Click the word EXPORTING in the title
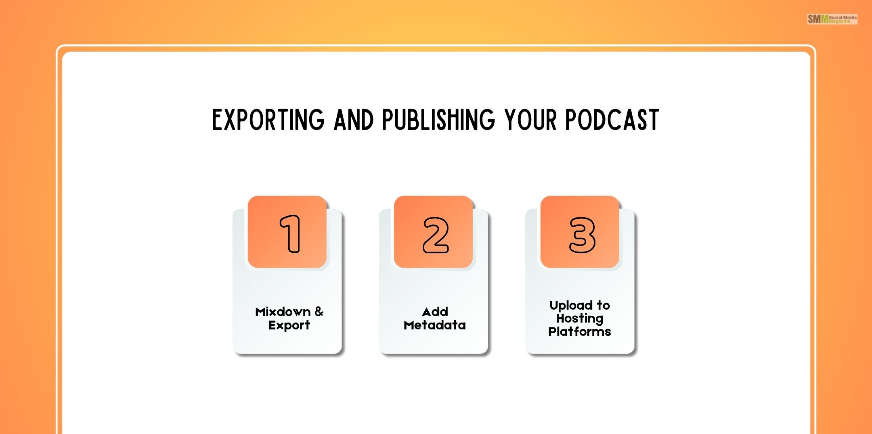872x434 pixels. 268,120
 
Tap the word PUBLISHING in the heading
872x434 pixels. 438,120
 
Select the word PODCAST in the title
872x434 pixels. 612,120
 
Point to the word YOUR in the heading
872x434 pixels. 530,120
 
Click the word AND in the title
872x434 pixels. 354,120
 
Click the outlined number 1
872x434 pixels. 290,234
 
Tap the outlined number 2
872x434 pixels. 435,235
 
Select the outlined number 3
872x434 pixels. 582,235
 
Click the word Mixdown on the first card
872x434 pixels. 283,312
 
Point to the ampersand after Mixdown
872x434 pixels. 319,311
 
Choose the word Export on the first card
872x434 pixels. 289,325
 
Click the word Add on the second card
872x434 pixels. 435,312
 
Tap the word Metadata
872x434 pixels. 434,325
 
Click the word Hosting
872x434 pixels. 580,319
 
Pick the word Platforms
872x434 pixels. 579,331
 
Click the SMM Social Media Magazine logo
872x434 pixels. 832,19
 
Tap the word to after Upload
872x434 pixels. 603,305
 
